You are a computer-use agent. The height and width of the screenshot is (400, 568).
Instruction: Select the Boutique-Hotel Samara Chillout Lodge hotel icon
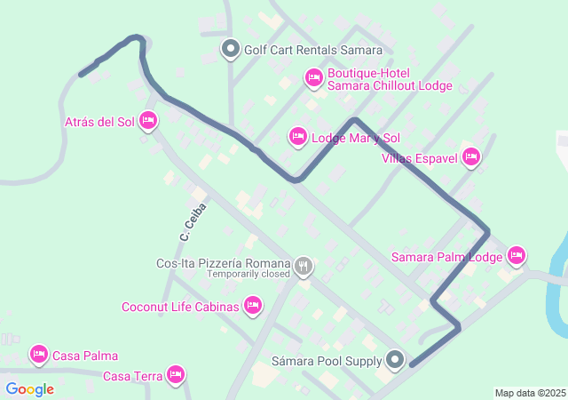coord(313,79)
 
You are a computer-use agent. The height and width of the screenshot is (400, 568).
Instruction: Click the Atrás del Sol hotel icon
coord(148,121)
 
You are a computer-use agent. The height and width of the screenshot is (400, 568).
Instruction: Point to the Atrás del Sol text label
coord(99,121)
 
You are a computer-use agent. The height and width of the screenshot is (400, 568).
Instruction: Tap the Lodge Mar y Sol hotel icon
coord(298,137)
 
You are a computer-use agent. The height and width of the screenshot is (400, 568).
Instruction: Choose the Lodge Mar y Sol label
coord(356,138)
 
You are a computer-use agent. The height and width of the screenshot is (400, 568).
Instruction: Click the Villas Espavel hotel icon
coord(470,158)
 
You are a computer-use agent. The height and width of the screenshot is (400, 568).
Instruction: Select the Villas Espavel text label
coord(419,158)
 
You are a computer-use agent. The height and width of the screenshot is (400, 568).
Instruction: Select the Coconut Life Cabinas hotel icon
coord(253,307)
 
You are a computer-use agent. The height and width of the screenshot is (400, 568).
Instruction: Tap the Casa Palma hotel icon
coord(38,355)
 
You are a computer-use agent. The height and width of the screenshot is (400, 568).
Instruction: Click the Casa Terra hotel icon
coord(176,375)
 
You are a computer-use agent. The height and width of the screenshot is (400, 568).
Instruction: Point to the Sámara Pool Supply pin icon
coord(395,360)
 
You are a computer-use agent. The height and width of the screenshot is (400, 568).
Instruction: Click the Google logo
coord(29,389)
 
